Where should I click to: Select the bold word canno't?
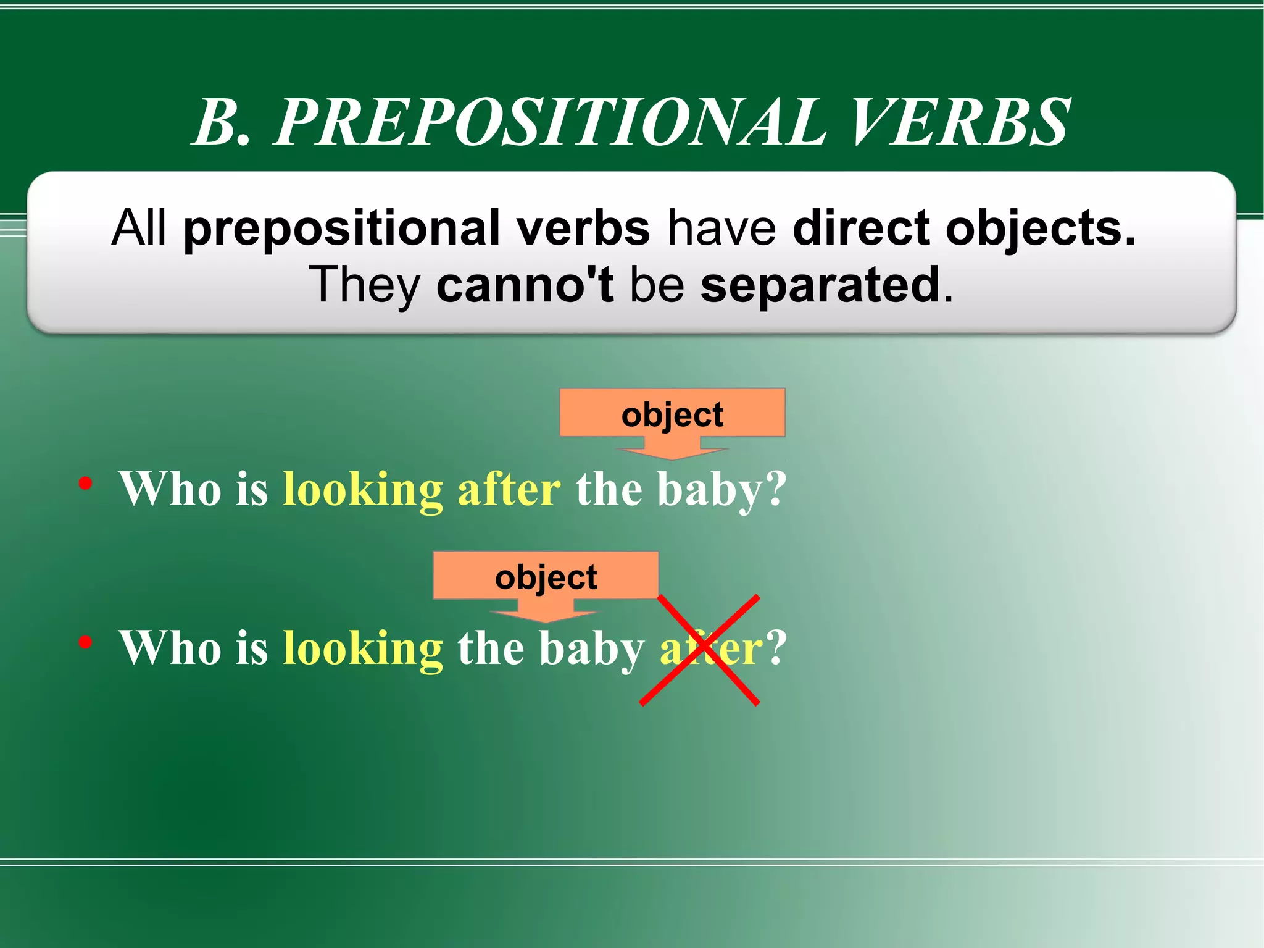(x=525, y=285)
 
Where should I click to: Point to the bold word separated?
(x=820, y=285)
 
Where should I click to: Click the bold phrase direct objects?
(x=963, y=229)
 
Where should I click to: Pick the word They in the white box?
(x=364, y=285)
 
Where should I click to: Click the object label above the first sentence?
(x=672, y=414)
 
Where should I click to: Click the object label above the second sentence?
(x=546, y=577)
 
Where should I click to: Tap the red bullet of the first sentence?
(x=86, y=483)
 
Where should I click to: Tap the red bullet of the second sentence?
(x=86, y=642)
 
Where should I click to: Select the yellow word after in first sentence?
(x=509, y=489)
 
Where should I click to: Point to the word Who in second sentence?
(x=170, y=648)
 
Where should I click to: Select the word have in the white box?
(x=721, y=229)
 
